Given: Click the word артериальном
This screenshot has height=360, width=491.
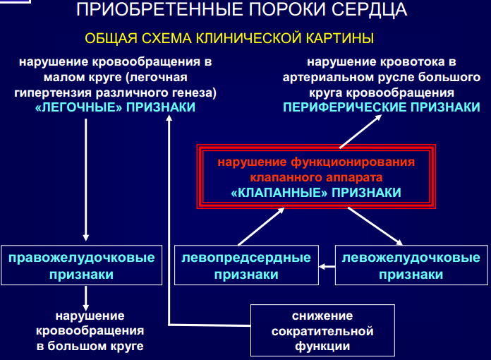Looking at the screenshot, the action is [x=327, y=77].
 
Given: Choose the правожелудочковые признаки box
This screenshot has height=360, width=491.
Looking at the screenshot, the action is [x=82, y=265].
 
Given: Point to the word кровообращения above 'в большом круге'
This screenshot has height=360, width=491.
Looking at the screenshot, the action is [x=90, y=330].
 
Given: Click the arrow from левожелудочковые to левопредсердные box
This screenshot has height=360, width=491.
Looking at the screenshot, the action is [x=326, y=266].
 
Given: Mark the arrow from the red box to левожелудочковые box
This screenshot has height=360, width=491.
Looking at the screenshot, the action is [x=384, y=227].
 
